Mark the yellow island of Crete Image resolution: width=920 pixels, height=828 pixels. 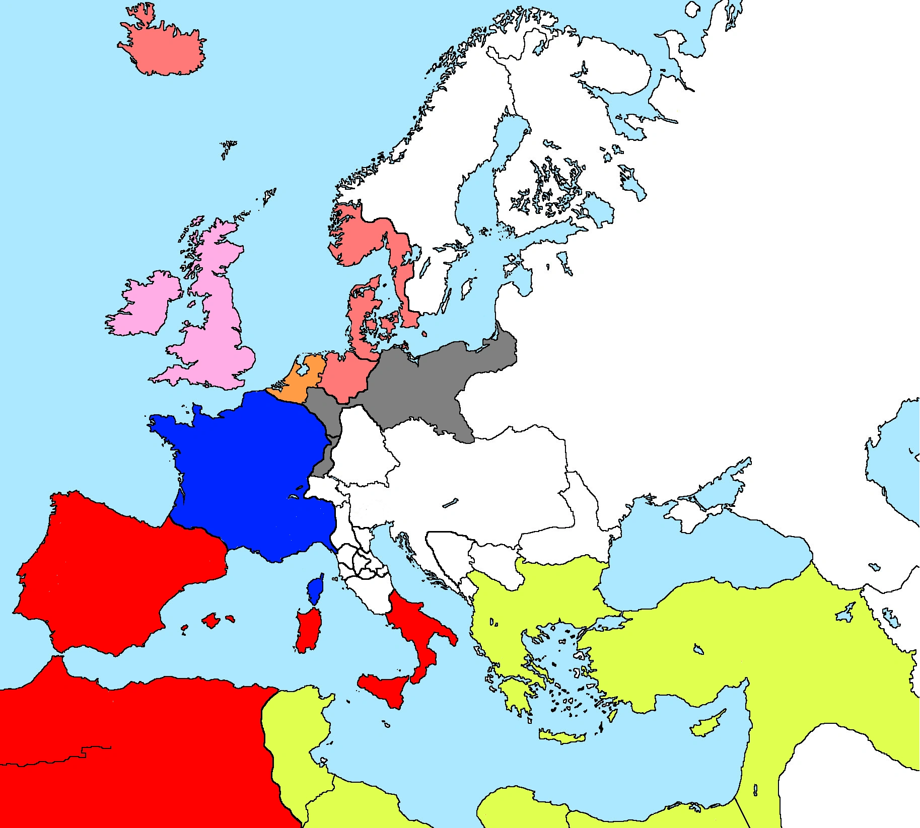(561, 736)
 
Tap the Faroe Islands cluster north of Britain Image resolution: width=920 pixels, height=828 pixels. (228, 147)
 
